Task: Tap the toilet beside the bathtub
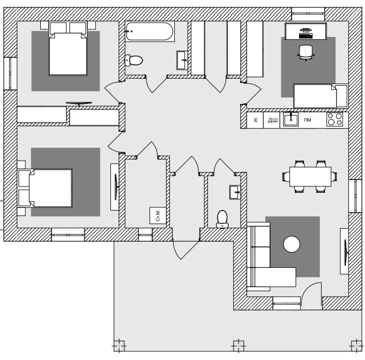click(x=133, y=60)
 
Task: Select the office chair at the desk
click(x=305, y=51)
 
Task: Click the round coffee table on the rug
click(x=292, y=244)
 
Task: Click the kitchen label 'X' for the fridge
click(x=256, y=120)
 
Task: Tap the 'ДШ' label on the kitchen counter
click(x=272, y=120)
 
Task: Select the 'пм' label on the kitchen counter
click(x=308, y=120)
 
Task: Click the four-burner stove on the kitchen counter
click(x=334, y=119)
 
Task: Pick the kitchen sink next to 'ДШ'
click(x=290, y=119)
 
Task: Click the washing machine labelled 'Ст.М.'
click(x=158, y=215)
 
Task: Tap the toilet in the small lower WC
click(x=222, y=218)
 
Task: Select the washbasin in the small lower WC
click(x=235, y=192)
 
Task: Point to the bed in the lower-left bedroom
click(x=47, y=187)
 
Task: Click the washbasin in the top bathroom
click(x=182, y=57)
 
